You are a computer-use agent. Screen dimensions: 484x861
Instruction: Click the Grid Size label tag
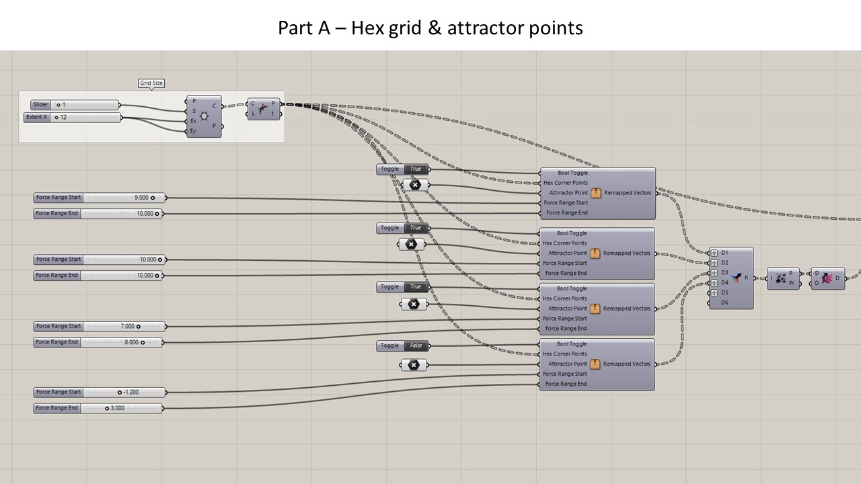pyautogui.click(x=151, y=83)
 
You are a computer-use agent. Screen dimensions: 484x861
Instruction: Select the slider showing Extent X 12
pyautogui.click(x=72, y=118)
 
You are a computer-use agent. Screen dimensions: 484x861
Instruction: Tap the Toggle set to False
pyautogui.click(x=402, y=346)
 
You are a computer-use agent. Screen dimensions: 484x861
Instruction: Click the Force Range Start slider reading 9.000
pyautogui.click(x=99, y=198)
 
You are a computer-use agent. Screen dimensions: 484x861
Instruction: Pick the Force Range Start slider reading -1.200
pyautogui.click(x=99, y=392)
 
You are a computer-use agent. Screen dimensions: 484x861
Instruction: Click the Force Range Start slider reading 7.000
pyautogui.click(x=99, y=326)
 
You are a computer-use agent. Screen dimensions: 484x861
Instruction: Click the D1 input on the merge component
pyautogui.click(x=724, y=253)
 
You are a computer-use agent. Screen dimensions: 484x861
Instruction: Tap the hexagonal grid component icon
pyautogui.click(x=204, y=116)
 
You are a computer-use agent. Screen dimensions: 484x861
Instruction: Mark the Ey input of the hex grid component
pyautogui.click(x=193, y=131)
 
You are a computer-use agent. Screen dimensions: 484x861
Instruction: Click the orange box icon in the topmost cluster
pyautogui.click(x=595, y=193)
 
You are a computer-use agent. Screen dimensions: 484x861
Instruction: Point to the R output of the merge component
pyautogui.click(x=746, y=278)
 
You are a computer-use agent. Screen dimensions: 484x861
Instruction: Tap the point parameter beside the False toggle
pyautogui.click(x=414, y=365)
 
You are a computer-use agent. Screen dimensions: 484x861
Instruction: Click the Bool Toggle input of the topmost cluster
pyautogui.click(x=572, y=173)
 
